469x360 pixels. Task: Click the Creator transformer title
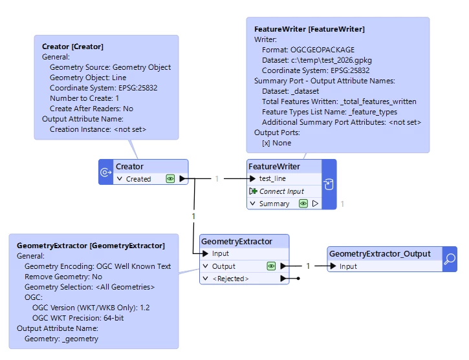[129, 166]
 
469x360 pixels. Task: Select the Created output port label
[138, 179]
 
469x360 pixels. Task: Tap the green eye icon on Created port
[170, 179]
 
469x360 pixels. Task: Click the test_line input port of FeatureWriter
[272, 178]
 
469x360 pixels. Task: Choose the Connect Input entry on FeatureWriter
[281, 191]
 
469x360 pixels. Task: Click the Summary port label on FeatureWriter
[274, 204]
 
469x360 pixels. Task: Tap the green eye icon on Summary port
[303, 204]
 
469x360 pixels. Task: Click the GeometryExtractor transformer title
[237, 241]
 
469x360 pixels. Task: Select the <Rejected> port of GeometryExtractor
[230, 279]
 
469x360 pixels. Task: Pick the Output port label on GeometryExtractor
[223, 266]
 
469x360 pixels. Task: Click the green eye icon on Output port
[271, 266]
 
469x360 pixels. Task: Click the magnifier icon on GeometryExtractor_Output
[450, 259]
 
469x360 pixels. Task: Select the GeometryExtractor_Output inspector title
[380, 254]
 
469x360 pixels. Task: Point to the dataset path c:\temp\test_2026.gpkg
[331, 60]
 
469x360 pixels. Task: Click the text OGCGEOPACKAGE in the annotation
[322, 50]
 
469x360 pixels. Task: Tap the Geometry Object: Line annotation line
[88, 78]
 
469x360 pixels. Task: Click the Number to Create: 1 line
[84, 98]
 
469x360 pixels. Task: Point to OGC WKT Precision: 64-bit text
[78, 318]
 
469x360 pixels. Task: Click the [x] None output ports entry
[276, 143]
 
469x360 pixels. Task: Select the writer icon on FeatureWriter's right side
[329, 184]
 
